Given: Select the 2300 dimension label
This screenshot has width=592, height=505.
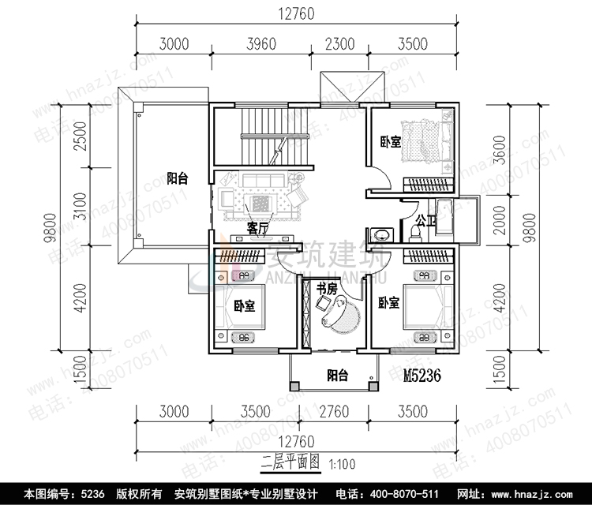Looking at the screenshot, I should (x=340, y=43).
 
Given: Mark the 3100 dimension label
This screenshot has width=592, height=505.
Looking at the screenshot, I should (x=80, y=208).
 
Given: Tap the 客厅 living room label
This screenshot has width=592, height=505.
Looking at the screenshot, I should (x=257, y=229).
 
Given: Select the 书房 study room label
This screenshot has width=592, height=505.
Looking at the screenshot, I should (x=328, y=289).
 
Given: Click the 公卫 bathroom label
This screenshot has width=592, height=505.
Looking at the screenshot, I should (x=427, y=221).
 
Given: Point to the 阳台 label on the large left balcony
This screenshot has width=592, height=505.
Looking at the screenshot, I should (x=176, y=178).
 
